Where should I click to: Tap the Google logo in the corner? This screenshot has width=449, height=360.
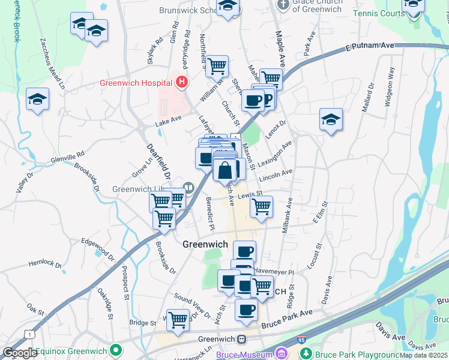pos(20,353)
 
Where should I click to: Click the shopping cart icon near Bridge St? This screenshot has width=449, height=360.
pos(178,320)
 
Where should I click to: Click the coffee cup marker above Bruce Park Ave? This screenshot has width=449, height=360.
pos(246,310)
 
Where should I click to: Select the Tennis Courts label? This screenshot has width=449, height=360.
pos(380,13)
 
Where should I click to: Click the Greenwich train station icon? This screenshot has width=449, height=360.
pos(241,339)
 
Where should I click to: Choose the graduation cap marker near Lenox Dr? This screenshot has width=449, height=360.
pos(331,119)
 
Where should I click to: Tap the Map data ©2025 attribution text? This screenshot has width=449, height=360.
pos(424,355)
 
